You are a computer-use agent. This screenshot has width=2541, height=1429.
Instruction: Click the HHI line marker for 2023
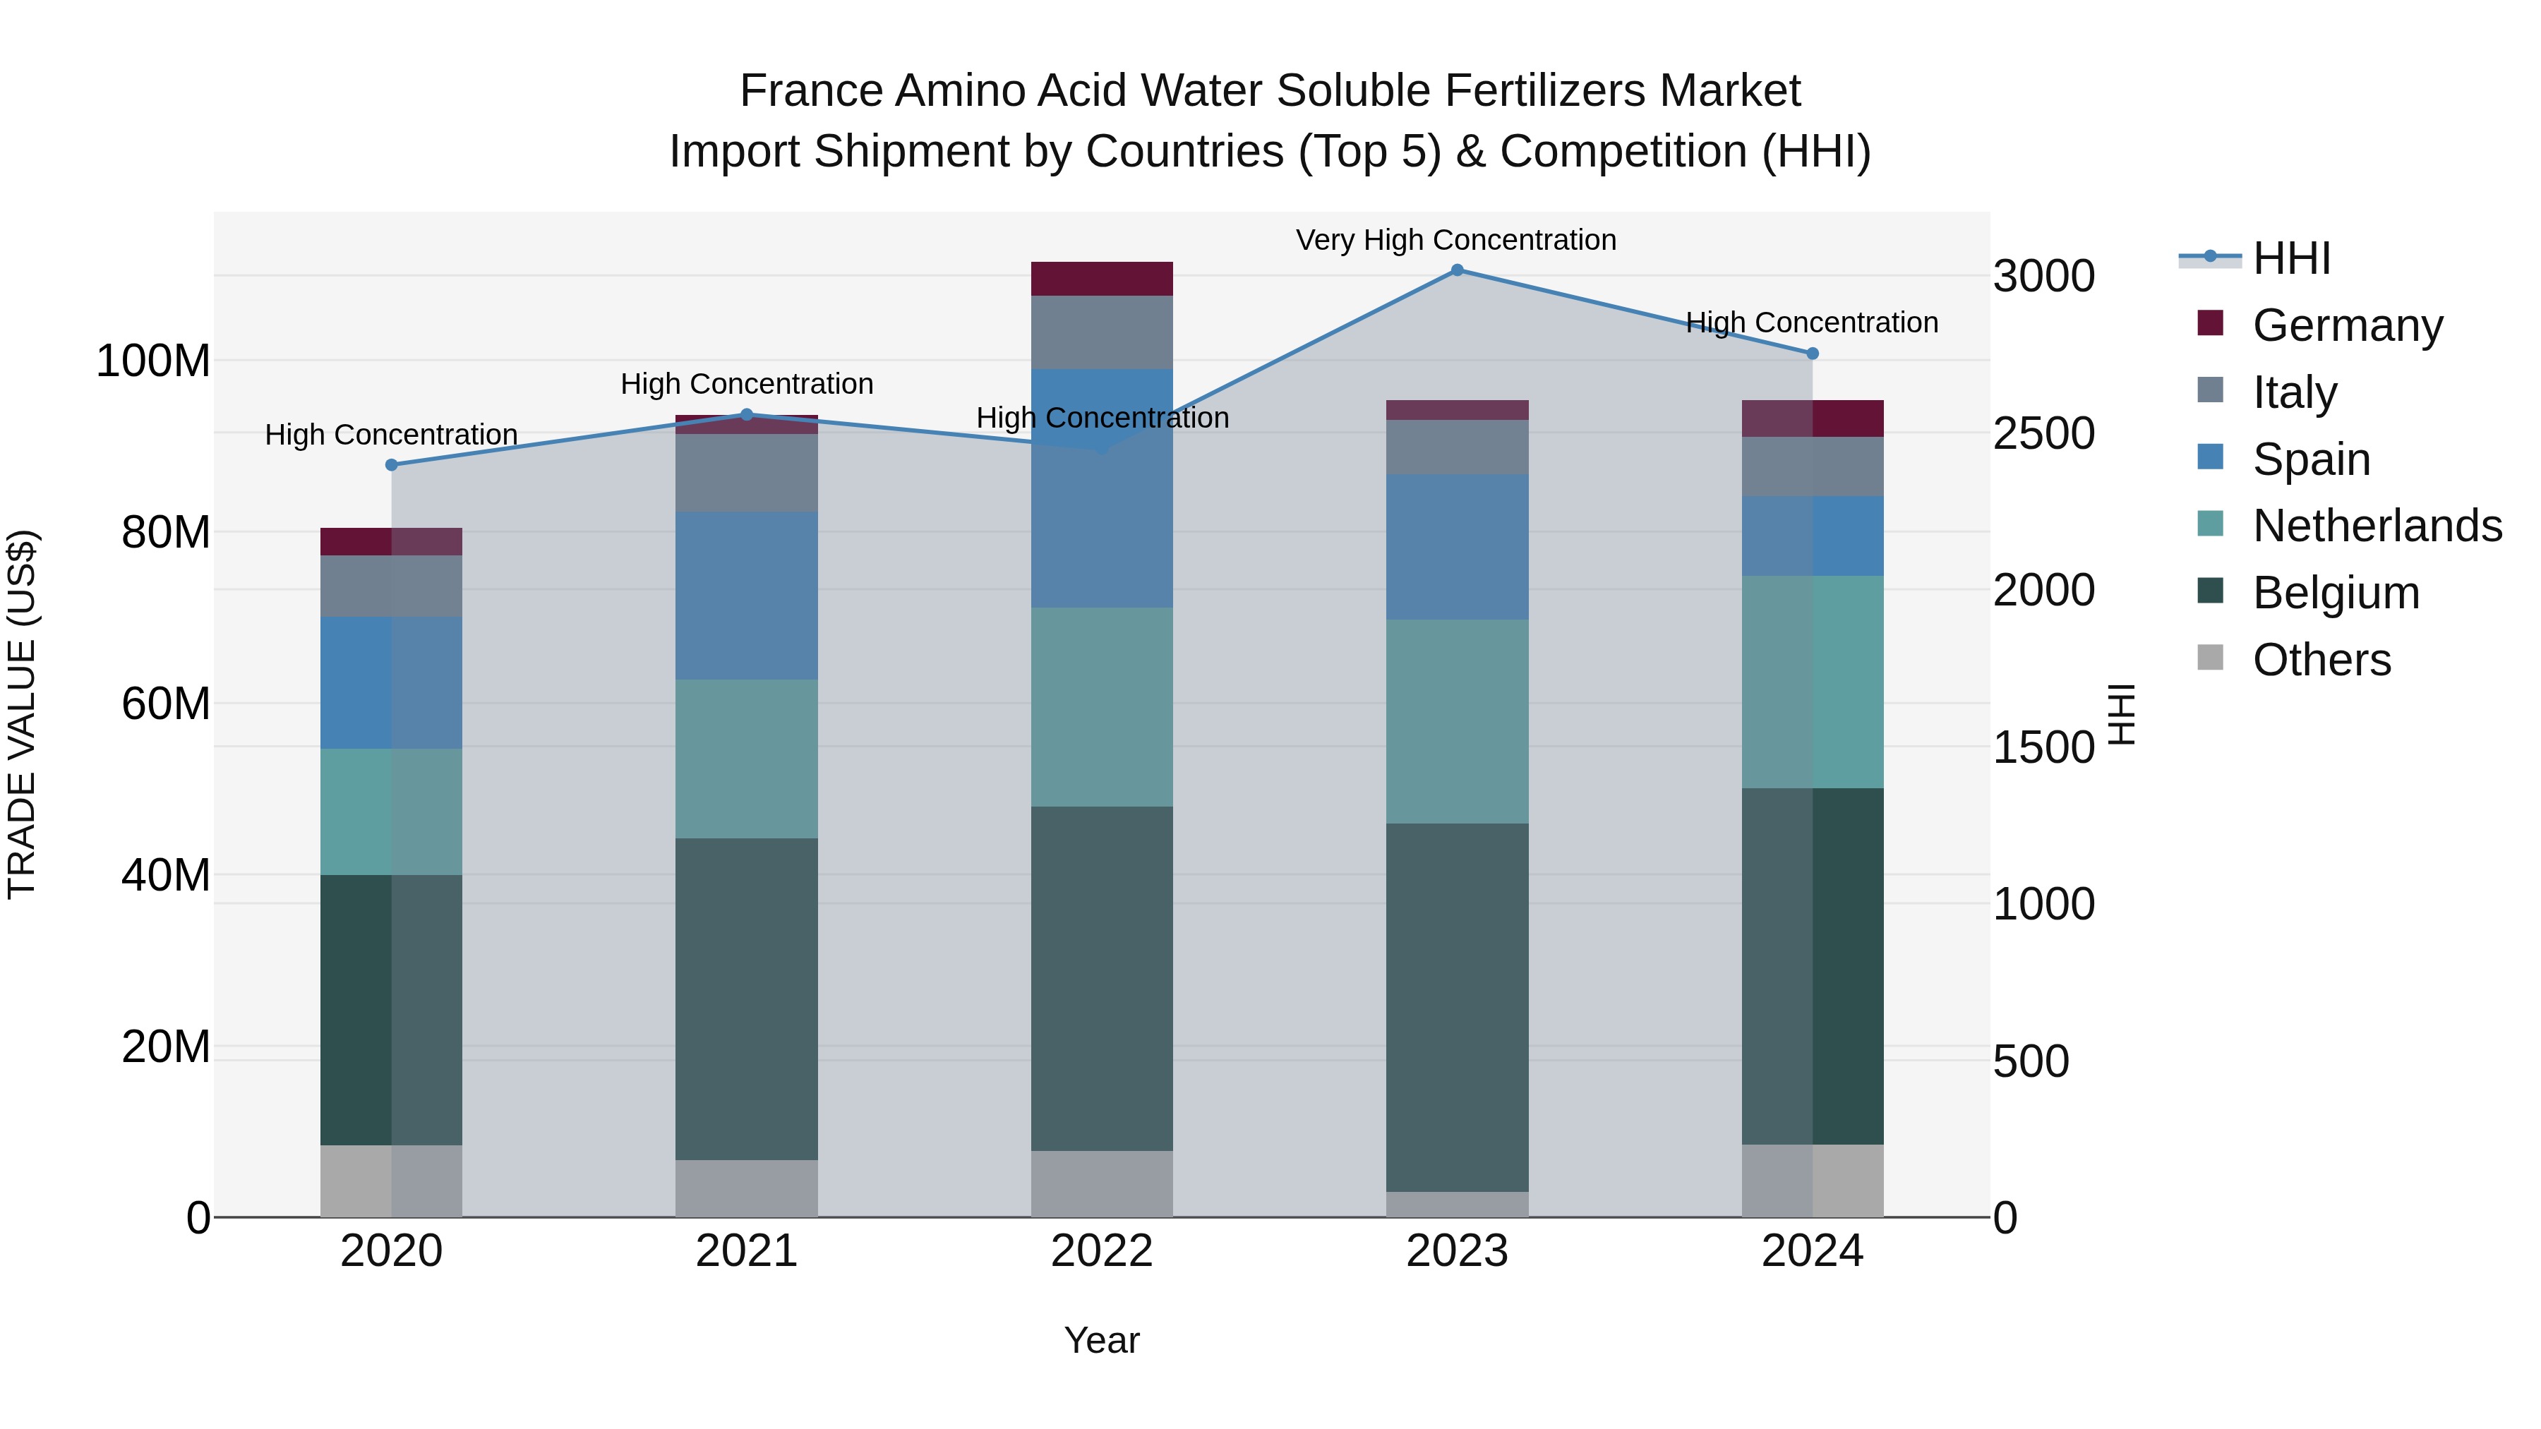1457,270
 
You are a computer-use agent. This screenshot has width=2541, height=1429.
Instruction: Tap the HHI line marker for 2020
392,464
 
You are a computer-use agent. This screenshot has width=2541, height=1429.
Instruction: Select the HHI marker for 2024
1812,353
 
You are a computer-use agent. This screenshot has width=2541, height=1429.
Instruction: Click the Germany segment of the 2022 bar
1102,279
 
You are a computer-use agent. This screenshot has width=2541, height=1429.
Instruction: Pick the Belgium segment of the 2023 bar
1457,1007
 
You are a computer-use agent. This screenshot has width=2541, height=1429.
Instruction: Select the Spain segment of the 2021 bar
747,595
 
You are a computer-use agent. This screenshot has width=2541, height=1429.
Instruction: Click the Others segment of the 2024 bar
1812,1181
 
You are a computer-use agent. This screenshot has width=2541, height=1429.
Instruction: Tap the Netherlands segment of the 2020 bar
392,812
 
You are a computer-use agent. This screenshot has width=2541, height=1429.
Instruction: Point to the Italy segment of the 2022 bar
1102,332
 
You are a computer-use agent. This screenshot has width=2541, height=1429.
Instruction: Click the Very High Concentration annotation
1456,240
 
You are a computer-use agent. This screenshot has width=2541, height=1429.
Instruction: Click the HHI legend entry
2290,258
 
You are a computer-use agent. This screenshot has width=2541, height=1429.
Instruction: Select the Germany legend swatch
2211,323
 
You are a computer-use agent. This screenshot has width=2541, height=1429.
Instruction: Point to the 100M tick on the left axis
153,361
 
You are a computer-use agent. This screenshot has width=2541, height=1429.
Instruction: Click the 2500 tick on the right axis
2043,434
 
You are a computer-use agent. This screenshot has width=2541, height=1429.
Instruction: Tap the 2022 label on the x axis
1102,1251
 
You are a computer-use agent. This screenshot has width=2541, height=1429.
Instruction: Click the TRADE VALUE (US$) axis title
22,714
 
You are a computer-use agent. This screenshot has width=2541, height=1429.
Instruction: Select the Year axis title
1102,1340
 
